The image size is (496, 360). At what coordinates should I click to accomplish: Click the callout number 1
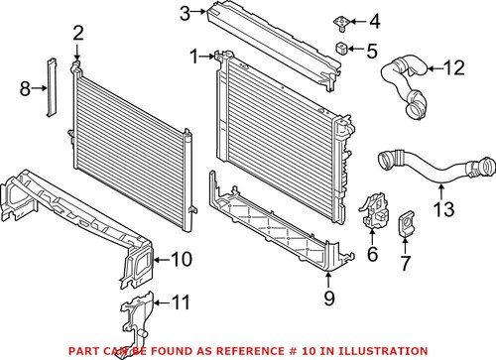click(x=194, y=56)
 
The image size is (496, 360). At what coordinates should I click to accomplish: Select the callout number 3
click(x=185, y=13)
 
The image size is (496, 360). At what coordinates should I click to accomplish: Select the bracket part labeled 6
click(x=374, y=211)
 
